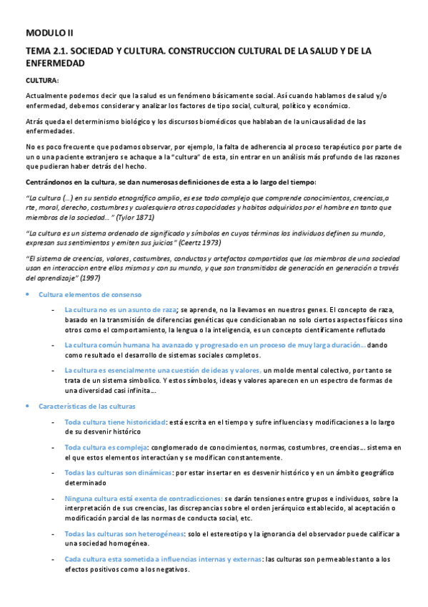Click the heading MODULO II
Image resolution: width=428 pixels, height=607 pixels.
coord(49,33)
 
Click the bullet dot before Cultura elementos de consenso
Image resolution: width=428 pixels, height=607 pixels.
coord(28,295)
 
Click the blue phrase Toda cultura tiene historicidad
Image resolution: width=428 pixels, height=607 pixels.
coord(115,422)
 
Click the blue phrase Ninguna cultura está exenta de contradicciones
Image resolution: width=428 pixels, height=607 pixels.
coord(143,498)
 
